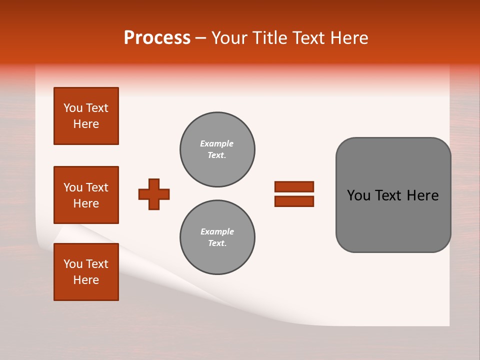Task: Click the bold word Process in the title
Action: tap(157, 38)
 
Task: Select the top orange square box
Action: tap(86, 116)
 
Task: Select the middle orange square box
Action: tap(86, 195)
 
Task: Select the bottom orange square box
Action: tap(86, 272)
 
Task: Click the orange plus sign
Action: tap(154, 194)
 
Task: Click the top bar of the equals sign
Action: tap(294, 186)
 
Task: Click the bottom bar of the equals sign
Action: tap(294, 201)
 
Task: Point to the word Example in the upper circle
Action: tap(217, 143)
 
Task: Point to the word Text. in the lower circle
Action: tap(217, 243)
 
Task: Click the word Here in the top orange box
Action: tap(86, 124)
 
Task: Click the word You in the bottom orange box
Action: tap(72, 264)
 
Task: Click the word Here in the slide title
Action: tap(349, 38)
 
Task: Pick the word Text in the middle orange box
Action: tap(97, 187)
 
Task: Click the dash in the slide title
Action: tap(201, 38)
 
